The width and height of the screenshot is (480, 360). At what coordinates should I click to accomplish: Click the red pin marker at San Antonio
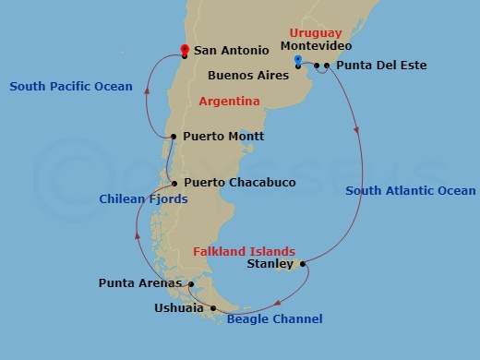(x=185, y=49)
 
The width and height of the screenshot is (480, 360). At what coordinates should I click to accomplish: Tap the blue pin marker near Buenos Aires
(x=297, y=61)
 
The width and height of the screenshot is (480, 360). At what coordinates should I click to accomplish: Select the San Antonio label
(x=232, y=52)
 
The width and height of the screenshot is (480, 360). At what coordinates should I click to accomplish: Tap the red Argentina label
(x=229, y=101)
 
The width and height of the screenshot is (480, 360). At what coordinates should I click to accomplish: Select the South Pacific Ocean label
(x=71, y=87)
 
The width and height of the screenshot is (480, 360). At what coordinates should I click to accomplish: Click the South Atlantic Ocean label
(x=411, y=191)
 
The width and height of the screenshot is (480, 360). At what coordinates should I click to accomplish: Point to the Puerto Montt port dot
(x=173, y=137)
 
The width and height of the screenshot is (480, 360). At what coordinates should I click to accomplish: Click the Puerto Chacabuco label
(x=239, y=183)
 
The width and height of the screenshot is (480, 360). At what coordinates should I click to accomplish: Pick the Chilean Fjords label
(x=143, y=199)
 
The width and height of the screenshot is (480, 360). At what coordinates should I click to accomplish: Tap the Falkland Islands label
(x=244, y=251)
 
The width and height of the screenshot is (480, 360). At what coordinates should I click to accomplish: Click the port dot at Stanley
(x=304, y=264)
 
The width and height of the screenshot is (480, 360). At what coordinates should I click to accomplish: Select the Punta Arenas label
(x=139, y=282)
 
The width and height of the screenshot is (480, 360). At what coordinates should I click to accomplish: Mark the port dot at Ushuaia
(x=213, y=308)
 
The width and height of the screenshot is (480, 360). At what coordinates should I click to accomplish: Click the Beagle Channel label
(x=274, y=319)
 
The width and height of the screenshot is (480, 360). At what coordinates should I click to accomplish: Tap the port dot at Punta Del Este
(x=327, y=66)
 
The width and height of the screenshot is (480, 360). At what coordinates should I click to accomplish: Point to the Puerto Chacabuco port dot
(x=174, y=183)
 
